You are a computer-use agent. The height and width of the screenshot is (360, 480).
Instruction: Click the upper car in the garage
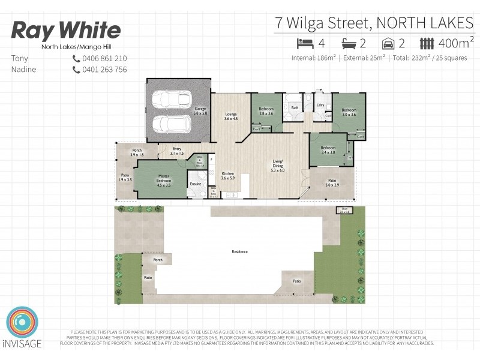point(172,99)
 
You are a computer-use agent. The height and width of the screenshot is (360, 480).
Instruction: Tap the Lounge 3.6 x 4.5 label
point(231,116)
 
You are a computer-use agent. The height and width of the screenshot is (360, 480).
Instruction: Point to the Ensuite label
point(195,184)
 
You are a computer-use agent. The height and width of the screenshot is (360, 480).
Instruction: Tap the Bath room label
point(295,108)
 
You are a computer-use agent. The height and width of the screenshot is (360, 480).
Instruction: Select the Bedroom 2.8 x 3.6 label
point(266,111)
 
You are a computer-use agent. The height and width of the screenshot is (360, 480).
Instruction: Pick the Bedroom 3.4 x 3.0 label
point(328,150)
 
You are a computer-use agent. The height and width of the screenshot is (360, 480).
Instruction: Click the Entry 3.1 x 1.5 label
point(177,151)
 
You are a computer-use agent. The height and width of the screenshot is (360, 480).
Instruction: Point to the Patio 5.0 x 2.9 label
point(332,182)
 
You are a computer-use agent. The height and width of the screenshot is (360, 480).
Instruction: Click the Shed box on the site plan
point(344,211)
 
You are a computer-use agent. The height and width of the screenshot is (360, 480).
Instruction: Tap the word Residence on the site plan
point(240,251)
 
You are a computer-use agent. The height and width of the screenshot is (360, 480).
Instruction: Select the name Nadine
point(23,70)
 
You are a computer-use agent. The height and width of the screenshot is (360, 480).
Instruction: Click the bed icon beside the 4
point(305,43)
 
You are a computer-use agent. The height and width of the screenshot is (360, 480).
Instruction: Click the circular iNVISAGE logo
point(22,323)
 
